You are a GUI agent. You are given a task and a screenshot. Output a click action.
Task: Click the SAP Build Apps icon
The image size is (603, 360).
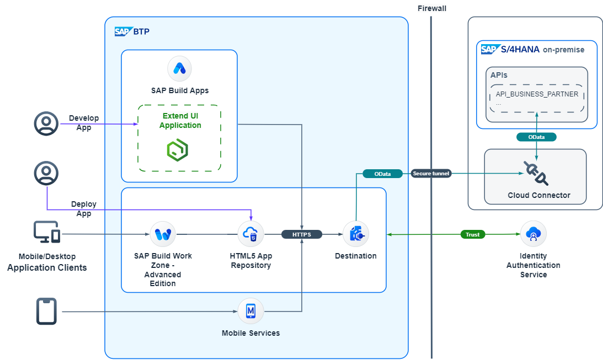179,68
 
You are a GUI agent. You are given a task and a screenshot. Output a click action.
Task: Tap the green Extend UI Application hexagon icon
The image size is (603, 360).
178,149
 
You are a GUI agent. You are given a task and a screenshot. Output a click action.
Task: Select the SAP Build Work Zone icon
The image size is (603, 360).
163,234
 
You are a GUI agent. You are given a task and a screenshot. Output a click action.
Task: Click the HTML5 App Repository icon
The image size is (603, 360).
250,234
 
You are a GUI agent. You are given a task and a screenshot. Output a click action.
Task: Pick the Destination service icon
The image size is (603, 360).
356,234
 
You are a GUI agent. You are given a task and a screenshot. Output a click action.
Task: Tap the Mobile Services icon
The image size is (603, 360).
250,311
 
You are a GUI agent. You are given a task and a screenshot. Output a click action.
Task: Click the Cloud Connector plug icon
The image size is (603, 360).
535,173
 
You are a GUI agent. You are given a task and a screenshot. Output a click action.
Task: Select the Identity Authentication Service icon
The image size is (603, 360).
533,234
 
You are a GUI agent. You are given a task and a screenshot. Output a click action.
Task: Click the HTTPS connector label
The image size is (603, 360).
301,234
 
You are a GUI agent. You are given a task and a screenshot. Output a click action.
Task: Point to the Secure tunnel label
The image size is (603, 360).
431,174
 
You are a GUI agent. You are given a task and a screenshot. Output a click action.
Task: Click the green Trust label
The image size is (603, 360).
473,234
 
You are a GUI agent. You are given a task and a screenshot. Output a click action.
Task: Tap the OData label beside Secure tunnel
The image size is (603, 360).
382,174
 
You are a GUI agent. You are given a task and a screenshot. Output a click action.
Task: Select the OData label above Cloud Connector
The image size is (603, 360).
536,137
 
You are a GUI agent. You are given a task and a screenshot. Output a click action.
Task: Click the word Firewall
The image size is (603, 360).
432,8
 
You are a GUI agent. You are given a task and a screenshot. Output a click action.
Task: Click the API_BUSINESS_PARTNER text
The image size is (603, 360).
537,94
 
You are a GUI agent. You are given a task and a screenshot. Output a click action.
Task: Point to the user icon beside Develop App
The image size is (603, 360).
46,123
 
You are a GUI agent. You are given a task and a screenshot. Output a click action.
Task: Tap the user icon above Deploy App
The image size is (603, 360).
46,173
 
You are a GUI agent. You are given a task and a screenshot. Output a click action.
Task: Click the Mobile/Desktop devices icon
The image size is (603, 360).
47,232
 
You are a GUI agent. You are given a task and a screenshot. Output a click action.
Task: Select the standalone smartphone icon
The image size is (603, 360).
47,312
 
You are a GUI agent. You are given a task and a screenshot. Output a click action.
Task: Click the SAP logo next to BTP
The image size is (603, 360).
123,31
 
